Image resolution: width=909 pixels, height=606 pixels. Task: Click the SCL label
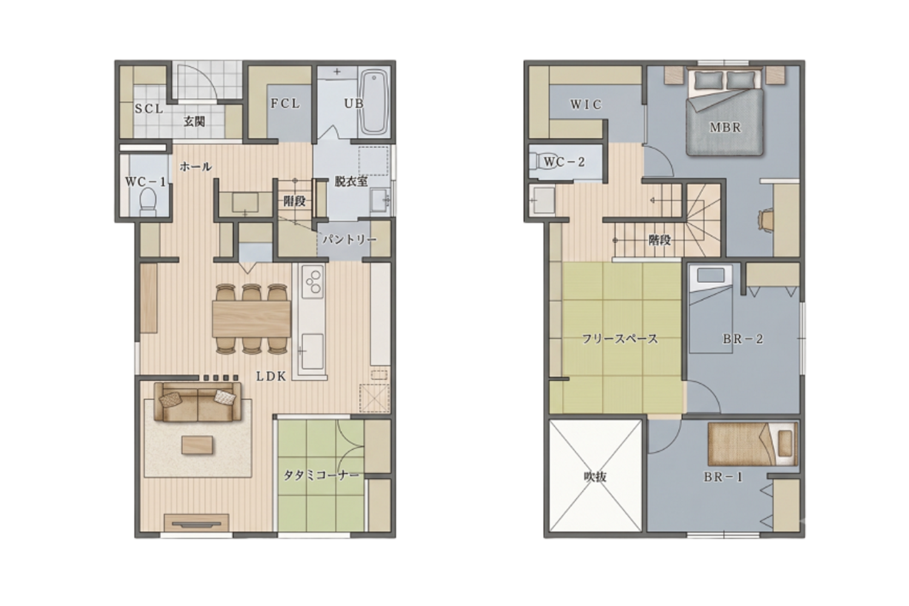pos(149,109)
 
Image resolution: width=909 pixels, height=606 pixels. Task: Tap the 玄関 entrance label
pos(195,121)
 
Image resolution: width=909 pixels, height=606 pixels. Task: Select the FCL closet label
pos(285,104)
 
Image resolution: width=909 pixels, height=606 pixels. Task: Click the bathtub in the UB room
pos(375,102)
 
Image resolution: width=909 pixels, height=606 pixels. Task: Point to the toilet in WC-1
pos(148,202)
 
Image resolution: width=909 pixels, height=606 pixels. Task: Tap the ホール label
pos(196,166)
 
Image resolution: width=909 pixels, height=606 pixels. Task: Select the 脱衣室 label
pos(351,181)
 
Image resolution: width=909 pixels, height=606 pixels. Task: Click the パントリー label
pos(350,239)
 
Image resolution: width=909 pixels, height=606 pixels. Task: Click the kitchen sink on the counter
pos(313,351)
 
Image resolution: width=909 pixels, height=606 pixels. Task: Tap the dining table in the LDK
pos(251,319)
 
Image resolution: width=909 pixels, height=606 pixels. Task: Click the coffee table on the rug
pos(197,445)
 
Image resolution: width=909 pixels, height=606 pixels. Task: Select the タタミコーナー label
pos(321,475)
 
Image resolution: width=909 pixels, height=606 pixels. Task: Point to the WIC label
pos(585,104)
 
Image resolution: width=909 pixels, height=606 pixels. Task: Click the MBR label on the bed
pos(725,127)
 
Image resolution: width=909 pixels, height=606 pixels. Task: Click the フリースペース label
pos(620,339)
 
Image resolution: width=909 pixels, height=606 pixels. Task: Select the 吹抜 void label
pos(595,476)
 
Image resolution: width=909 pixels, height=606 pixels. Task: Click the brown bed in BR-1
pos(753,444)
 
